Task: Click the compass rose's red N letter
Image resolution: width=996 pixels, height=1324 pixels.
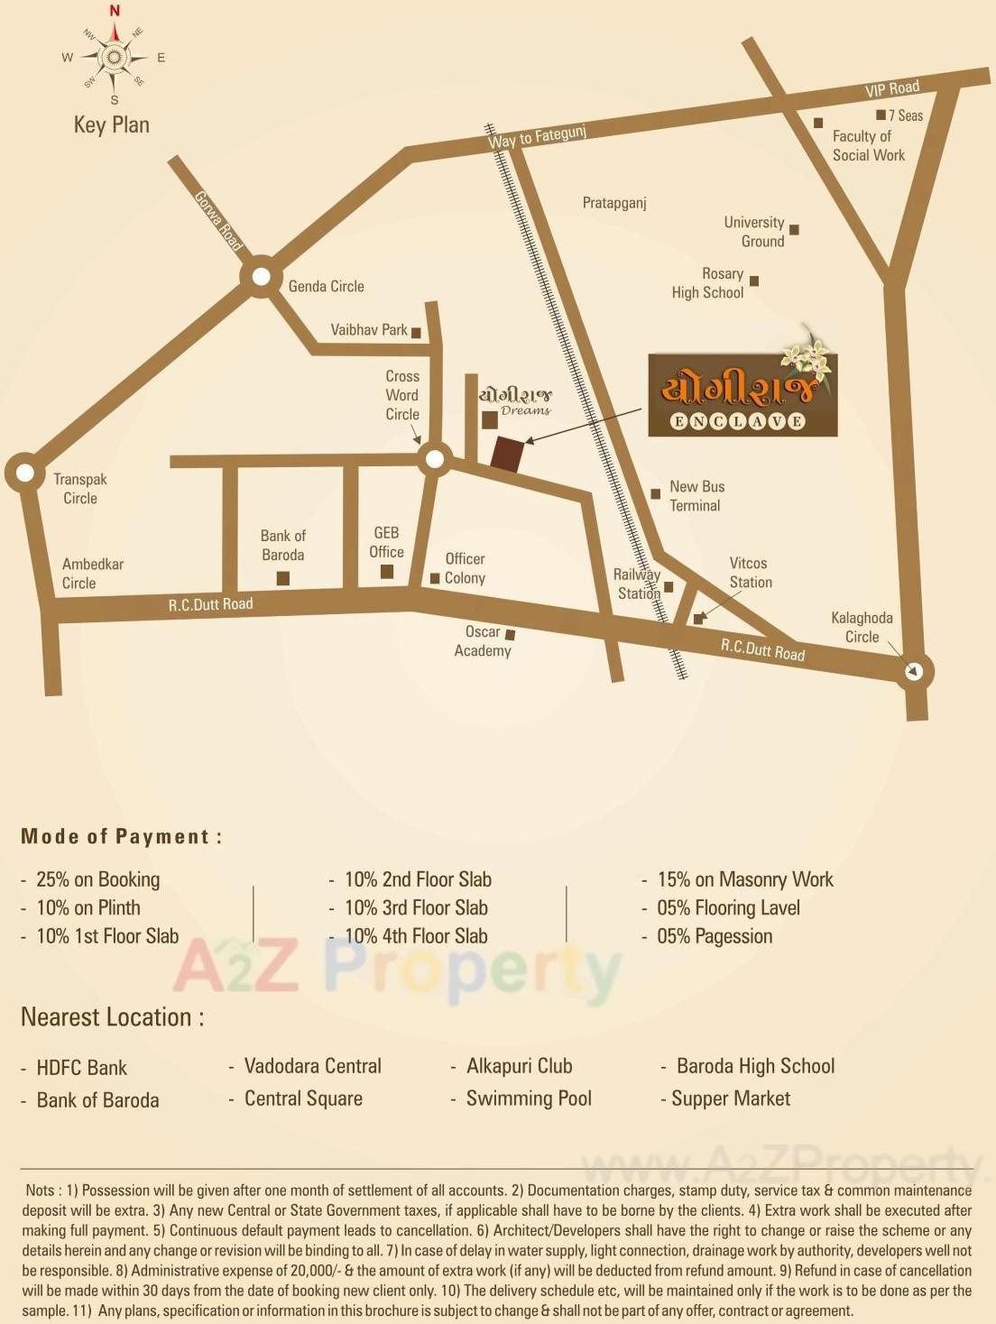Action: tap(115, 11)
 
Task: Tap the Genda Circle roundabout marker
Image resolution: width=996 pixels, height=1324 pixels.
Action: tap(261, 276)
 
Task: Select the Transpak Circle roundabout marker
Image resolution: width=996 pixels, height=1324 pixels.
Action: tap(24, 473)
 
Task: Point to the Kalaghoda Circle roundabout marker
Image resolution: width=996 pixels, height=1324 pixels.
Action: tap(914, 671)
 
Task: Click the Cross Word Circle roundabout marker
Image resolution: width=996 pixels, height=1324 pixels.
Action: tap(435, 460)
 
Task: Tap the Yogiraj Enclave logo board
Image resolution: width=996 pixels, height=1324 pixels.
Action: tap(742, 395)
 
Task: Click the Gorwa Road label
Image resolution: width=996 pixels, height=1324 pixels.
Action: tap(219, 221)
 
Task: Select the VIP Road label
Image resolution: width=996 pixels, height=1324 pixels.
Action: tap(891, 88)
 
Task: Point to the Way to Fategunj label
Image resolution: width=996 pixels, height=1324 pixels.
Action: tap(537, 137)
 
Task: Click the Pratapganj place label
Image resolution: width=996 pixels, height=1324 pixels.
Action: tap(614, 203)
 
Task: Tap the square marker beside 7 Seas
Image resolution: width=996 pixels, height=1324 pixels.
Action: tap(881, 115)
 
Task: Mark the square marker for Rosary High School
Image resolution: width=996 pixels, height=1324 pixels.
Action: tap(754, 281)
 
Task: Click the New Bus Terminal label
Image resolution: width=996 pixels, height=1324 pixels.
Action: tap(696, 496)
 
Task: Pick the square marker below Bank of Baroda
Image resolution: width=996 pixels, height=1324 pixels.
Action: tap(282, 578)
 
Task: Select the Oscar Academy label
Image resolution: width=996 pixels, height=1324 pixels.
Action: tap(483, 641)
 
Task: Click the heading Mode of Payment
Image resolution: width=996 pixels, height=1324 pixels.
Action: tap(121, 836)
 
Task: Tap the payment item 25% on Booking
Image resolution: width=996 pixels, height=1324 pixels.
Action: tap(97, 879)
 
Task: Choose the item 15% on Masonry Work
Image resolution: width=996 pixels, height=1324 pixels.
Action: tap(744, 879)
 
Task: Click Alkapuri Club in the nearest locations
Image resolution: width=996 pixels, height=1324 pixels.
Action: tap(519, 1066)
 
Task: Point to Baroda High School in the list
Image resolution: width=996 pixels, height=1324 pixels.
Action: tap(755, 1066)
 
